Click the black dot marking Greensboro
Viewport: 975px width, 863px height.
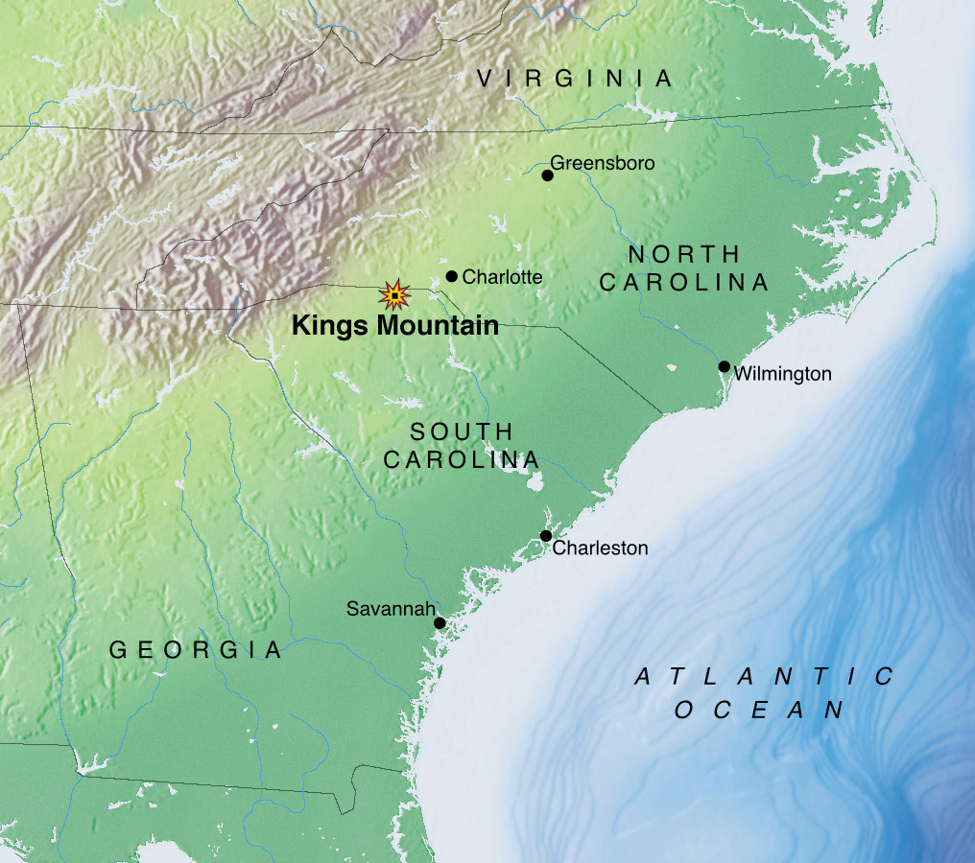pyautogui.click(x=547, y=175)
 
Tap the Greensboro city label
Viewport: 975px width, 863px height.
pyautogui.click(x=603, y=163)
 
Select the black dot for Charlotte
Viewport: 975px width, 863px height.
pyautogui.click(x=452, y=276)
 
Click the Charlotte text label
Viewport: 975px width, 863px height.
pyautogui.click(x=502, y=277)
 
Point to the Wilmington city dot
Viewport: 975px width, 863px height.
pyautogui.click(x=725, y=366)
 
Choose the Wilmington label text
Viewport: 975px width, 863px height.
pyautogui.click(x=782, y=374)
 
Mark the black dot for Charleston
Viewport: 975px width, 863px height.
pyautogui.click(x=546, y=536)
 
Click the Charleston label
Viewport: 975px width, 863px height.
pyautogui.click(x=600, y=548)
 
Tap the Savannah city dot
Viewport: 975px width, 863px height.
pyautogui.click(x=440, y=623)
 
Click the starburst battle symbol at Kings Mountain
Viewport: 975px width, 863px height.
pyautogui.click(x=393, y=294)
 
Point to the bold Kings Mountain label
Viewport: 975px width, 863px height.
pyautogui.click(x=395, y=326)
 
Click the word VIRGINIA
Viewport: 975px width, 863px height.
pyautogui.click(x=576, y=79)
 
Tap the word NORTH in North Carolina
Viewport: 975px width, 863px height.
pyautogui.click(x=684, y=254)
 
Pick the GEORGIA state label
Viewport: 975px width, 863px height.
pyautogui.click(x=196, y=650)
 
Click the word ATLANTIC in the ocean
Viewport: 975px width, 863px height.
pyautogui.click(x=766, y=677)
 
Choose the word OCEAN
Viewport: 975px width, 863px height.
pyautogui.click(x=758, y=711)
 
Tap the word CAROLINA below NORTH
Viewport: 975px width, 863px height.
pyautogui.click(x=684, y=283)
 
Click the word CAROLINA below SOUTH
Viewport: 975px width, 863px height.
pyautogui.click(x=462, y=460)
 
